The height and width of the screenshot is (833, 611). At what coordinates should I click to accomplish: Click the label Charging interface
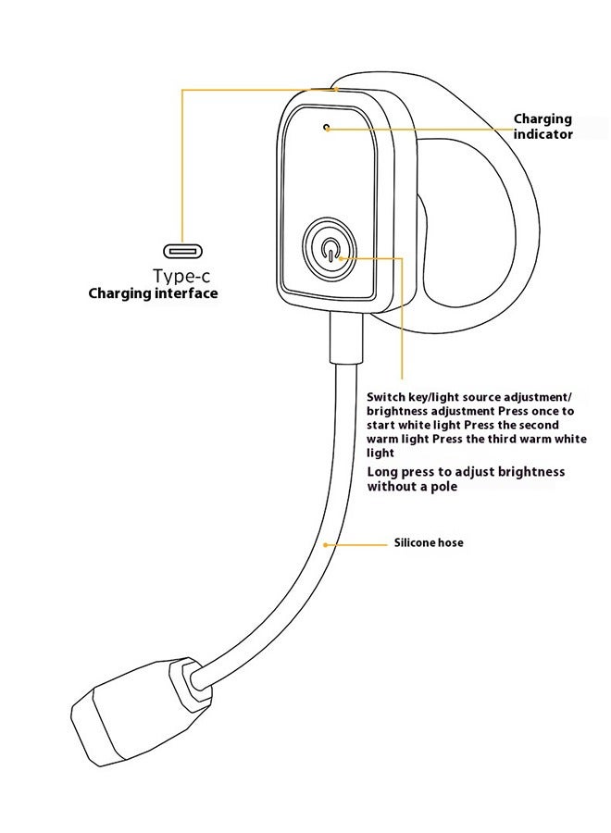[153, 293]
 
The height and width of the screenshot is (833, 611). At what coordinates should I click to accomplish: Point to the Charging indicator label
[542, 127]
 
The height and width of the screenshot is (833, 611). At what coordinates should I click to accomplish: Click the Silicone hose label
[429, 542]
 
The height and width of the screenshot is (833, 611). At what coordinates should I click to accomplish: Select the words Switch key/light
[407, 394]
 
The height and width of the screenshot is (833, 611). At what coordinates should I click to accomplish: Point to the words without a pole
[413, 487]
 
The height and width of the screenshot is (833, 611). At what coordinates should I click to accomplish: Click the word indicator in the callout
[544, 134]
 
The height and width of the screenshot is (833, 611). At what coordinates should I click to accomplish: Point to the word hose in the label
[450, 542]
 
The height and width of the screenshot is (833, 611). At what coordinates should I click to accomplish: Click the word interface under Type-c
[187, 293]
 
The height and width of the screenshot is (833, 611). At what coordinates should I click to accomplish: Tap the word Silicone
[414, 542]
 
